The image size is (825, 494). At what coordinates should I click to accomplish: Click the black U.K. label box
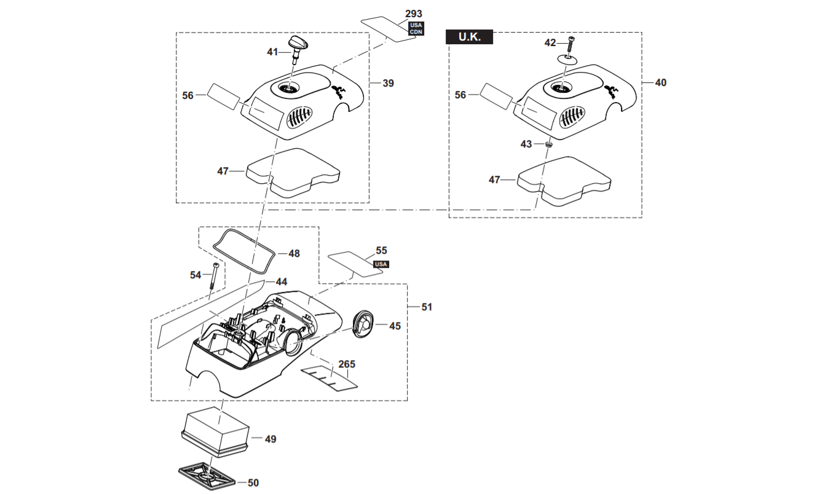pyautogui.click(x=469, y=37)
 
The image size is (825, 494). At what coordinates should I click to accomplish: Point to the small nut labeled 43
pyautogui.click(x=549, y=144)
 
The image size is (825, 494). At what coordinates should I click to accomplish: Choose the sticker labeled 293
pyautogui.click(x=389, y=29)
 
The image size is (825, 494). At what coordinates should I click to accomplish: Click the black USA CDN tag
pyautogui.click(x=416, y=28)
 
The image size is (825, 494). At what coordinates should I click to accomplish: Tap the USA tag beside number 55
pyautogui.click(x=381, y=264)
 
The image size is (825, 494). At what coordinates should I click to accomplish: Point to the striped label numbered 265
pyautogui.click(x=330, y=377)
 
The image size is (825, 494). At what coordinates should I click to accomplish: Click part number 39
pyautogui.click(x=388, y=83)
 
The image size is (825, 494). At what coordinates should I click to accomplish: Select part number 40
pyautogui.click(x=661, y=82)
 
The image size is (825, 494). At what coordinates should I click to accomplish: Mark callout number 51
pyautogui.click(x=427, y=307)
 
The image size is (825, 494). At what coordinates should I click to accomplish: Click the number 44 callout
pyautogui.click(x=282, y=281)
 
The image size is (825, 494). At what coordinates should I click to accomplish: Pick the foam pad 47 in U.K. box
pyautogui.click(x=564, y=181)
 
